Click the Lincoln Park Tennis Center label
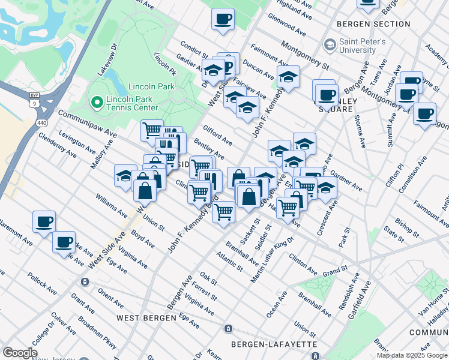pos(132,103)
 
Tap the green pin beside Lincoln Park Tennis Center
pos(95,103)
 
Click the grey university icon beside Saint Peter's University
pos(329,44)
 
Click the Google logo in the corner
pos(20,353)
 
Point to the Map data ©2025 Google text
pos(412,355)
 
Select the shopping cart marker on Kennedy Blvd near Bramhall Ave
pos(224,211)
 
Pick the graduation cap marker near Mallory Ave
pos(125,175)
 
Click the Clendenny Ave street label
pos(57,145)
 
